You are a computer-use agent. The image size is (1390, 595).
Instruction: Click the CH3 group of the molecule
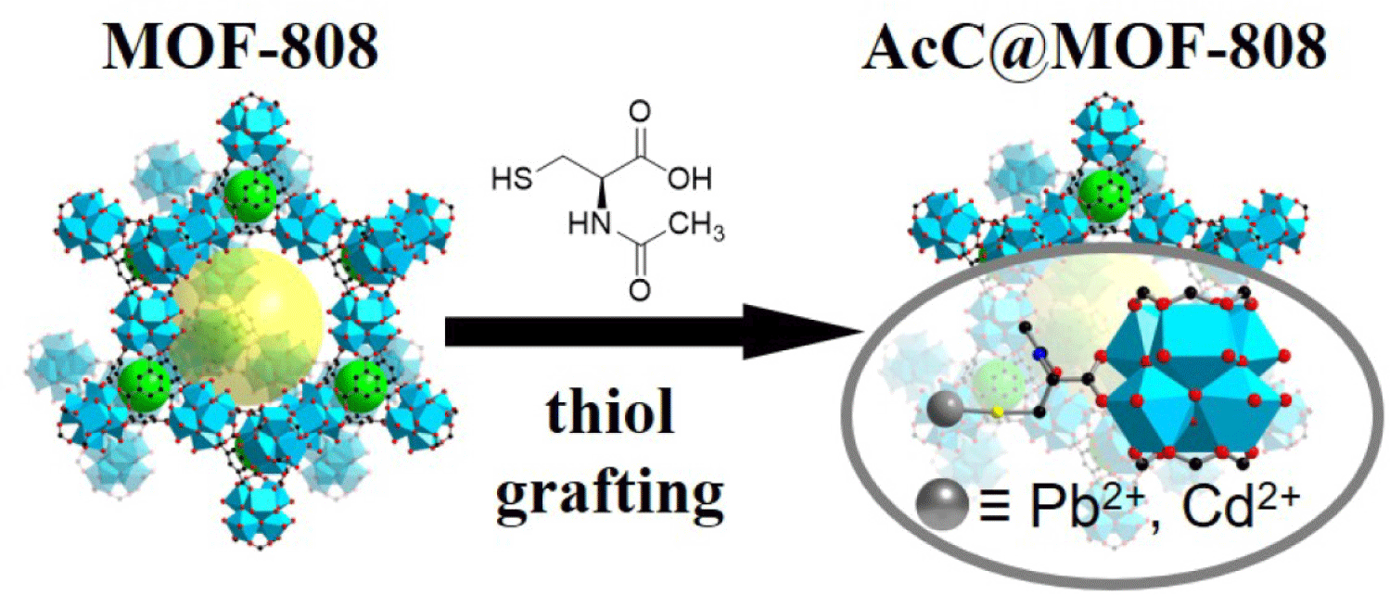point(697,228)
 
